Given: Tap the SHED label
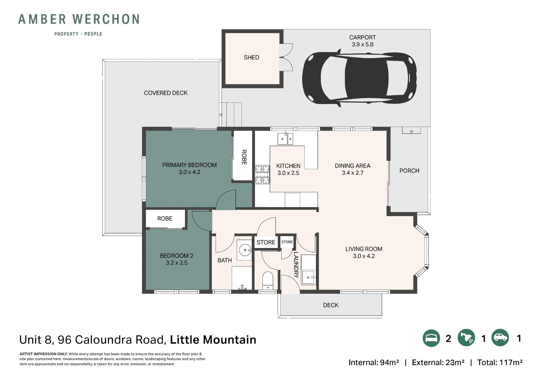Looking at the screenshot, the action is (251, 57).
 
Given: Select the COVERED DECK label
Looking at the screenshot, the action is (166, 93).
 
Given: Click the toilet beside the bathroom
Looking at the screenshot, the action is (267, 280).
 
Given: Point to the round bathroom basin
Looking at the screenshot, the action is (245, 250).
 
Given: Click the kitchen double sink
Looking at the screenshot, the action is (285, 138).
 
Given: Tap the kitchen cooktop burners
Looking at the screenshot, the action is (262, 175).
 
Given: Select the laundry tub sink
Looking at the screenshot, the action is (309, 277).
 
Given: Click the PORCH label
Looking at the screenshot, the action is (409, 171).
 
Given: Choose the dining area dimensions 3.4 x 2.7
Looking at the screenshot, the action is (352, 173).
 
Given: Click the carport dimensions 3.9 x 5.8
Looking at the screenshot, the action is (363, 44).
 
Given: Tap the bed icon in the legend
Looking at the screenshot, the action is (431, 338).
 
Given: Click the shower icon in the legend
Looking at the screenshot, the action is (466, 338).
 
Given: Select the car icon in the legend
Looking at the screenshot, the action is (500, 338).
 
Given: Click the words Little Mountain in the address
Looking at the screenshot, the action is (213, 339).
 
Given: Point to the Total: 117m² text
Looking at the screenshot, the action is (500, 362).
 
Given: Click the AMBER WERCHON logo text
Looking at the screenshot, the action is (79, 19).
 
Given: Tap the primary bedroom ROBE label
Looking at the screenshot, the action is (244, 157).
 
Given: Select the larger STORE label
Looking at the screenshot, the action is (266, 242).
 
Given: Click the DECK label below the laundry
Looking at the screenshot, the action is (331, 305).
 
